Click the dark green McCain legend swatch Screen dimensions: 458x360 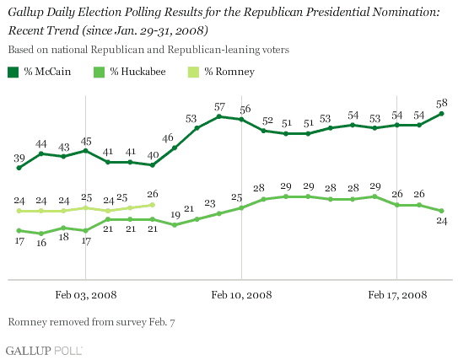point(13,73)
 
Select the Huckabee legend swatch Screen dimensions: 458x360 point(99,73)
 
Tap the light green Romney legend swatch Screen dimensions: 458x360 point(193,73)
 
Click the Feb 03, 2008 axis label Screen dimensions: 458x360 point(86,295)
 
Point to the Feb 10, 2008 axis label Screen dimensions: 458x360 point(241,295)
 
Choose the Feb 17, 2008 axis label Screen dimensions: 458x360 point(397,295)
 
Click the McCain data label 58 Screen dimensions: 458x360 point(442,103)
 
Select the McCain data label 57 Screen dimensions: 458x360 point(219,107)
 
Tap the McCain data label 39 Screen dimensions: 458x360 point(19,159)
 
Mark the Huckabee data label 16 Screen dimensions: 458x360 point(41,243)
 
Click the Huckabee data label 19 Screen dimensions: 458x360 point(175,215)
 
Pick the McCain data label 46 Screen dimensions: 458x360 point(168,137)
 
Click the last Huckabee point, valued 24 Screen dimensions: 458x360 point(442,211)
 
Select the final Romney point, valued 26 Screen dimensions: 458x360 point(152,205)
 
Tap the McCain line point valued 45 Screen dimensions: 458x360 point(85,151)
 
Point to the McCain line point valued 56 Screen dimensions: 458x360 point(241,120)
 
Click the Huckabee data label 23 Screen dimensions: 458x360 point(210,203)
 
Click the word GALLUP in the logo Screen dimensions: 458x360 point(29,351)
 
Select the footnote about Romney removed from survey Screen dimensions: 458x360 point(91,322)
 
